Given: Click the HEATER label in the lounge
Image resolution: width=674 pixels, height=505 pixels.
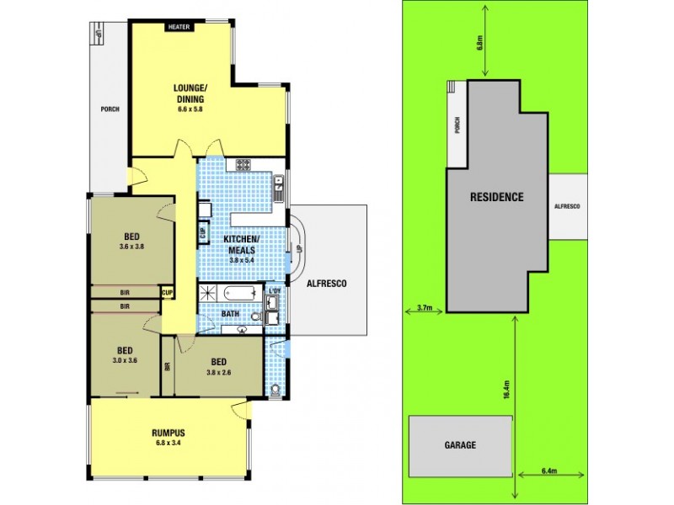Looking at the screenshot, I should [179, 27].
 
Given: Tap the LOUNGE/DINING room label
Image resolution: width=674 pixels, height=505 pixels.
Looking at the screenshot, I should [190, 93].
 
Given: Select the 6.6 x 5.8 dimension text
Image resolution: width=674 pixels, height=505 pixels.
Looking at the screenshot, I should [190, 109].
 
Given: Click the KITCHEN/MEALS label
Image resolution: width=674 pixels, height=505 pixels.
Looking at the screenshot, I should [242, 245].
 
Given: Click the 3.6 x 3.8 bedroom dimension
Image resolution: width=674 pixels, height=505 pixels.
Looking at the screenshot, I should [131, 247].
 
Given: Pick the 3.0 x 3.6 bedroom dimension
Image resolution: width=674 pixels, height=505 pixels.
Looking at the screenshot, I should [123, 360].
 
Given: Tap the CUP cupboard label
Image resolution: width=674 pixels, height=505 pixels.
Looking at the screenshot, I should [168, 293].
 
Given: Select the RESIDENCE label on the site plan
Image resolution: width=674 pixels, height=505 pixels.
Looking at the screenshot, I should [497, 197].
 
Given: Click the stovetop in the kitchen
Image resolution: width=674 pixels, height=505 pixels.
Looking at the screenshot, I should [244, 164].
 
